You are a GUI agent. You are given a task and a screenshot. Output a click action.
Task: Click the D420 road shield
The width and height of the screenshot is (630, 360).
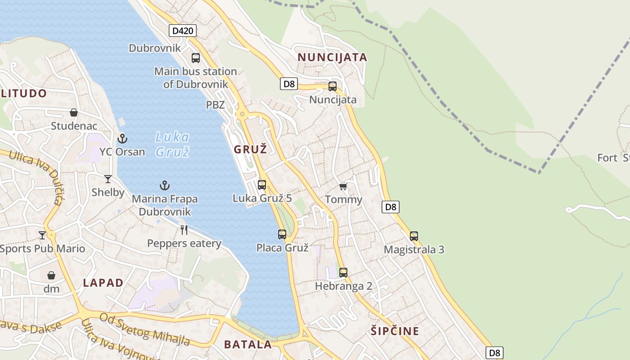(x=183, y=31)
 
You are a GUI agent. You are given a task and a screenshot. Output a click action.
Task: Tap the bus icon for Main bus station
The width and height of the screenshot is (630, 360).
(x=196, y=58)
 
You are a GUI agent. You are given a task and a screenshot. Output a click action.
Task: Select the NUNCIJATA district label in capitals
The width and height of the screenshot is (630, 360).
(x=333, y=57)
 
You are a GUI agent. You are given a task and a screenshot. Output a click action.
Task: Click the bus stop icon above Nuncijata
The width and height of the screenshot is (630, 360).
(x=333, y=86)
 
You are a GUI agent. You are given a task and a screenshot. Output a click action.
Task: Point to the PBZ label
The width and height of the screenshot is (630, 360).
(x=215, y=105)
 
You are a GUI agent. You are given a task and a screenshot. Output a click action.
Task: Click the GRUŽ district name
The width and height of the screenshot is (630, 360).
(x=250, y=149)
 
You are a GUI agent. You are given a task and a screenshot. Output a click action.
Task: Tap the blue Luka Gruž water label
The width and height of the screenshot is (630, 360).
(x=172, y=144)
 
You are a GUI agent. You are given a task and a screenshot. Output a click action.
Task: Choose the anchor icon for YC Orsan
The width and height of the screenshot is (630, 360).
(x=122, y=138)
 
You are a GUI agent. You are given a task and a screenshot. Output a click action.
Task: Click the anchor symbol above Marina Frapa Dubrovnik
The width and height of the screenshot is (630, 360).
(x=165, y=185)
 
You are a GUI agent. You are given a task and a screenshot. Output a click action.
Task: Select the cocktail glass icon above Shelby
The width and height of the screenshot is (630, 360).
(x=108, y=179)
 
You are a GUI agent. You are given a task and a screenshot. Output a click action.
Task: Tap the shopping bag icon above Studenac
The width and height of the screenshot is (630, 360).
(x=74, y=112)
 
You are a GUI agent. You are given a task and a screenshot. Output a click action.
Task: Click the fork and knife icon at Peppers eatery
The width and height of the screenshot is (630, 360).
(x=184, y=230)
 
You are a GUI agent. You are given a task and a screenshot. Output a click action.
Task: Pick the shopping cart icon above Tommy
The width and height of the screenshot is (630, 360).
(x=343, y=186)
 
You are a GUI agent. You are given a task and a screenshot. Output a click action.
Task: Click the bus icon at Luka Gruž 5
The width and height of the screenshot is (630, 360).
(x=262, y=184)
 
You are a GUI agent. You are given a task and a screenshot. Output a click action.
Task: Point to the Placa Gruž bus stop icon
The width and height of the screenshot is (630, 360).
(x=282, y=234)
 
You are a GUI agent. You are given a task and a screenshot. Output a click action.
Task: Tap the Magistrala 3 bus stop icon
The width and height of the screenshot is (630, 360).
(x=414, y=236)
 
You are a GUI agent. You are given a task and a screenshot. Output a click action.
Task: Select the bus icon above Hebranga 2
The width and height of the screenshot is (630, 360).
(x=343, y=272)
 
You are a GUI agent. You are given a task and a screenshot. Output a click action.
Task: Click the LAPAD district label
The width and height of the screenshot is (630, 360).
(x=103, y=283)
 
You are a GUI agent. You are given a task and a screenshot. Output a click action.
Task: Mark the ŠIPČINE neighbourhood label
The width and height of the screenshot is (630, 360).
(x=395, y=331)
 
